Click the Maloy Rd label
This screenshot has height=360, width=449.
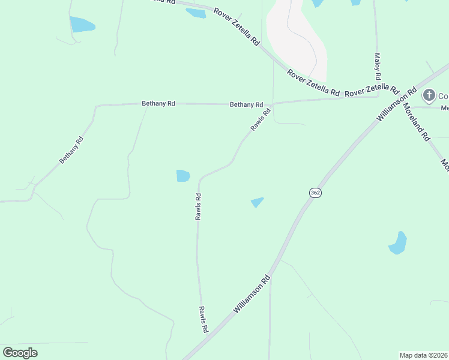[378, 67]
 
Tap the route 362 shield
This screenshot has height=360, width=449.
[316, 193]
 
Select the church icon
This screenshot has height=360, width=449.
[429, 95]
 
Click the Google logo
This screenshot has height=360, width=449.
[20, 353]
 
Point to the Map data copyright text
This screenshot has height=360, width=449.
[424, 355]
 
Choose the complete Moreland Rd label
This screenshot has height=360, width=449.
[417, 122]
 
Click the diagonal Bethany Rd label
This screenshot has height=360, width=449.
[71, 151]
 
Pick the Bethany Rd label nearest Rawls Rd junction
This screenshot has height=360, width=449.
[246, 104]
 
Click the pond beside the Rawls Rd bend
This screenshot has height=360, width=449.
[183, 176]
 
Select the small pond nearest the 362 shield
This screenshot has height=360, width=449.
[257, 202]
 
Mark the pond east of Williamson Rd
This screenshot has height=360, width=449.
[397, 243]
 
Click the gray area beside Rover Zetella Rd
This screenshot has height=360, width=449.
[296, 39]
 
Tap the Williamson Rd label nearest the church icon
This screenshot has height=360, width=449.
[397, 106]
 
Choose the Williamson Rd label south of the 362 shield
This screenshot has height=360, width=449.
[253, 294]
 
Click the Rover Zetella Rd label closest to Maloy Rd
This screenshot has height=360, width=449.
[372, 90]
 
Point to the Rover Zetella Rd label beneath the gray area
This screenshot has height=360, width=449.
[313, 83]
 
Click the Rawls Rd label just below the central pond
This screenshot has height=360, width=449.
[198, 206]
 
